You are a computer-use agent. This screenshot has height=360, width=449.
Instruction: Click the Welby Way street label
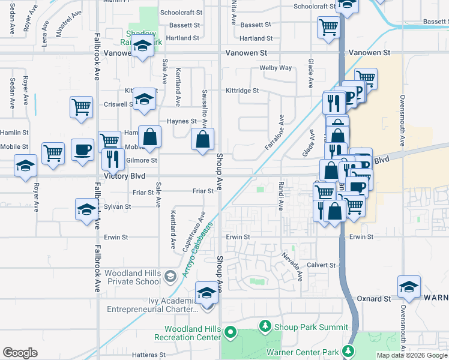(275, 68)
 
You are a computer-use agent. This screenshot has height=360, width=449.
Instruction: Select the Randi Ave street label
(280, 195)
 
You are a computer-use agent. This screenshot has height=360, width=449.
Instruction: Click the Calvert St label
(322, 265)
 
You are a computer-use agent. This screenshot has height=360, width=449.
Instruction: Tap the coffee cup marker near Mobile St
(82, 149)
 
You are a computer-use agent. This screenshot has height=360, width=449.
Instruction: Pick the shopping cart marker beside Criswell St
(81, 107)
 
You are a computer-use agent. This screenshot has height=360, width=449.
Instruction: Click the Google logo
(20, 352)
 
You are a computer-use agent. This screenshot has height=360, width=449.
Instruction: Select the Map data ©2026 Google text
(412, 355)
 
